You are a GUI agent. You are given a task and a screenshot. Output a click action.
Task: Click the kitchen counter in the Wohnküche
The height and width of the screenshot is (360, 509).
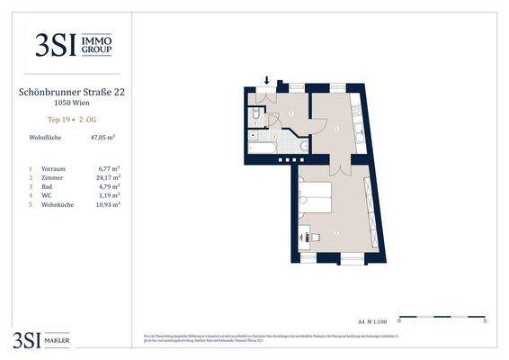359,122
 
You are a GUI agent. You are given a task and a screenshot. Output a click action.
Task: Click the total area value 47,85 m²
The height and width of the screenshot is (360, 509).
103,138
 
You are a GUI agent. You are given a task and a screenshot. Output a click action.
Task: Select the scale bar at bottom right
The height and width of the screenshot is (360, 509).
441,317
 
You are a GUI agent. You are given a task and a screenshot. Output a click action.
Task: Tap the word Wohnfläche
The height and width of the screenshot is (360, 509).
47,138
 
